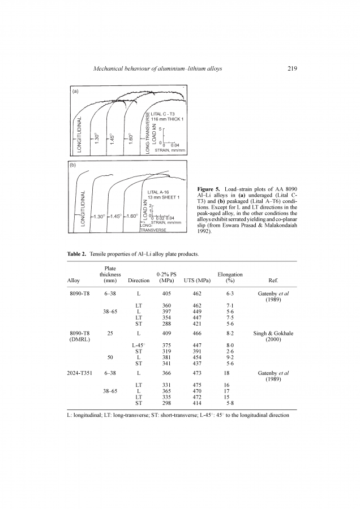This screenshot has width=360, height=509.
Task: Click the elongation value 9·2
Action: [230, 357]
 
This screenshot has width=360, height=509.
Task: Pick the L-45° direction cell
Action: [139, 344]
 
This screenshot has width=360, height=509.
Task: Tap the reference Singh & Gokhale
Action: [273, 334]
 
